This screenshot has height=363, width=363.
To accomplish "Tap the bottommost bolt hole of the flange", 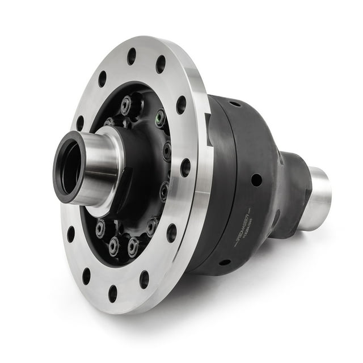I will tap(112, 293).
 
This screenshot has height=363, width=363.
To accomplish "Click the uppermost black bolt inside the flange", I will tap(126, 104).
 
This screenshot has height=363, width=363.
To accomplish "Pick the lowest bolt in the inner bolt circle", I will tap(115, 245).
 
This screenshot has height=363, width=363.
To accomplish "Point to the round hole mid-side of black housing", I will tap(256, 180).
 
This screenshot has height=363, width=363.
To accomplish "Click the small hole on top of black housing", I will tap(234, 104).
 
